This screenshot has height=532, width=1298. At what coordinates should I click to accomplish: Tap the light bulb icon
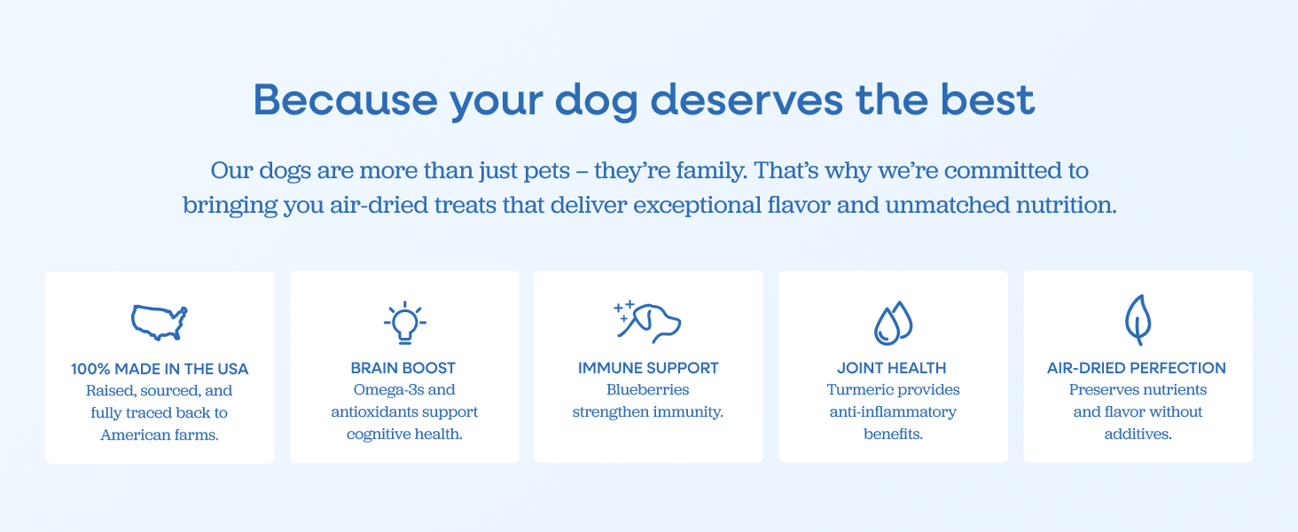pyautogui.click(x=404, y=322)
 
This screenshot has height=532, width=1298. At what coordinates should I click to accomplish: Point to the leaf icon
pyautogui.click(x=1138, y=320)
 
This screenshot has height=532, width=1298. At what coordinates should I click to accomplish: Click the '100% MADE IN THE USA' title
pyautogui.click(x=160, y=369)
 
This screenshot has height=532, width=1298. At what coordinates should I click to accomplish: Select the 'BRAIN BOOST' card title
pyautogui.click(x=403, y=368)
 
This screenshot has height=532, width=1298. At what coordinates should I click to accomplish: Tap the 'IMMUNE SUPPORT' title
pyautogui.click(x=648, y=368)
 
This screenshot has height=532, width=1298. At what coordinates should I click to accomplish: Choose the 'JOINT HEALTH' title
pyautogui.click(x=892, y=368)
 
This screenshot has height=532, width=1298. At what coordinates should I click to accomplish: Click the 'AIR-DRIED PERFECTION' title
pyautogui.click(x=1137, y=368)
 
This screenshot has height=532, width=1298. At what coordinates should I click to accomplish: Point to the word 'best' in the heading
pyautogui.click(x=988, y=99)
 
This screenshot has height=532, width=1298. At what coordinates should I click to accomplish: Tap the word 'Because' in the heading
pyautogui.click(x=346, y=99)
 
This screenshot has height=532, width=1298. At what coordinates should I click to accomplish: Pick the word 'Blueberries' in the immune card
pyautogui.click(x=648, y=389)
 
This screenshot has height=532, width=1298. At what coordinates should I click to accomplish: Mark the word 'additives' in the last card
pyautogui.click(x=1137, y=434)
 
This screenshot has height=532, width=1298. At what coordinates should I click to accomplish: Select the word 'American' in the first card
pyautogui.click(x=129, y=434)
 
